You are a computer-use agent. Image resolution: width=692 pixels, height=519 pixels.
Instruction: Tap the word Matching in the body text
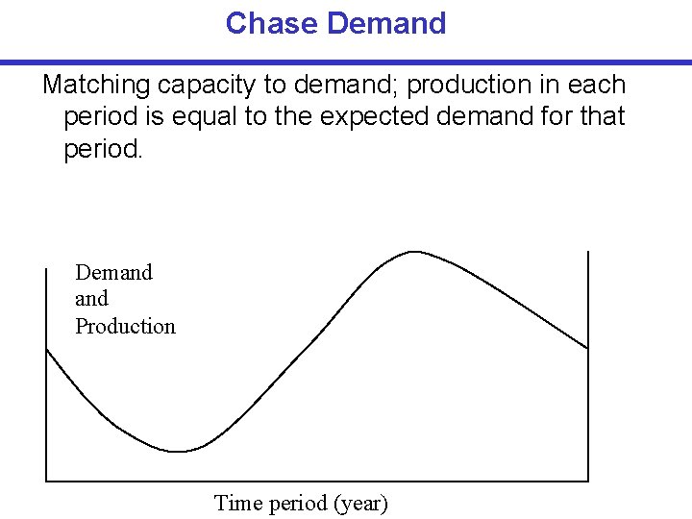pos(96,86)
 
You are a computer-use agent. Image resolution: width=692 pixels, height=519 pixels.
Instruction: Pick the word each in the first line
pos(598,86)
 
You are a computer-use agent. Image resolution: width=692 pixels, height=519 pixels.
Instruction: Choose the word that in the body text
pos(603,116)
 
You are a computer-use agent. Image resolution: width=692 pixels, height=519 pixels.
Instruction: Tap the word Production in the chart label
pos(126,327)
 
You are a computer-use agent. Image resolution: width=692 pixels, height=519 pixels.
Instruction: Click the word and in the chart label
pos(91,299)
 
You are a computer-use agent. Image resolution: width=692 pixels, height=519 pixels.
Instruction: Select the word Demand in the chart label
pos(113,272)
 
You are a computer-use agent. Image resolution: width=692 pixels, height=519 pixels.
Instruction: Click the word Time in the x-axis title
pos(236,503)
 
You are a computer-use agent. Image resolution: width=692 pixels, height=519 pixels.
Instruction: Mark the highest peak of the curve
pos(413,252)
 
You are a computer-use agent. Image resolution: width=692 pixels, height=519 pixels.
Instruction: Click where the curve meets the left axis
pos(47,350)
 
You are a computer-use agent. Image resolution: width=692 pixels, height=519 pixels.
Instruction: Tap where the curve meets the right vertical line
pos(587,348)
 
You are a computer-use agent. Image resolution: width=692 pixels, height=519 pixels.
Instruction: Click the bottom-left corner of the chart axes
pos(47,480)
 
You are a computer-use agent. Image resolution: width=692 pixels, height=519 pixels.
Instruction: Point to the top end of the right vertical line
pos(587,253)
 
